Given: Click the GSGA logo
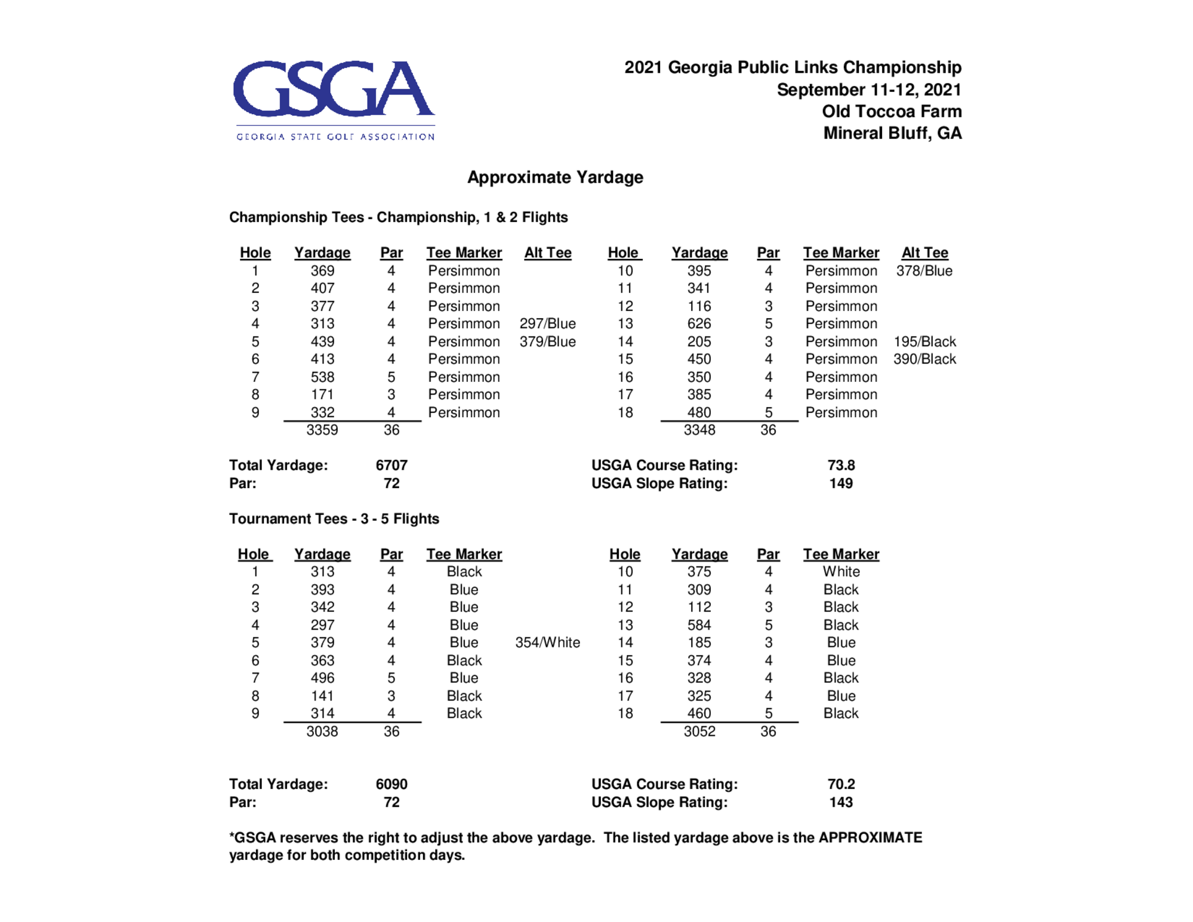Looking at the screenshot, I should coord(334,99).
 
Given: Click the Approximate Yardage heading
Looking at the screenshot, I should coord(554,177).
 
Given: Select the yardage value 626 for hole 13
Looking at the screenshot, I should coord(699,323).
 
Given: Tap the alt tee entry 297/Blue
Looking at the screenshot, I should coord(547,323).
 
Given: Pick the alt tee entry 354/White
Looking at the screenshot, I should coord(547,642).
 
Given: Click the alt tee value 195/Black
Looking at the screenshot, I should coord(924,341).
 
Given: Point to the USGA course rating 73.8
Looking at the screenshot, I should coord(841,465).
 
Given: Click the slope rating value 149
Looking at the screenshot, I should coord(840,483).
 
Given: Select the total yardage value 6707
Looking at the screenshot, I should coord(391,465).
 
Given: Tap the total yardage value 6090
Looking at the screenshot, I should coord(391,784).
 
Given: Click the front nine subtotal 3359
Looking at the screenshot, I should coord(322,430).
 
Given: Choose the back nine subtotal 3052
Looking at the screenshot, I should coord(699,731).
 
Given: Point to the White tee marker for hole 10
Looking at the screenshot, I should coord(841,571).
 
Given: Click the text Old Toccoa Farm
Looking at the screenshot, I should coord(891,112).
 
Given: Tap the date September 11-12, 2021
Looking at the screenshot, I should coord(868,90).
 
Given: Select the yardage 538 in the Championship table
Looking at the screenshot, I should coord(322,377).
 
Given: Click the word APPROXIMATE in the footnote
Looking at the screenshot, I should coord(870,837).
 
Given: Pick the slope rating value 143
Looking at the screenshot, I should coord(840,802).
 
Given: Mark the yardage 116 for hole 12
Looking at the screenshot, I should coord(699,306).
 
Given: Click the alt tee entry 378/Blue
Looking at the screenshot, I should coord(924,270).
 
